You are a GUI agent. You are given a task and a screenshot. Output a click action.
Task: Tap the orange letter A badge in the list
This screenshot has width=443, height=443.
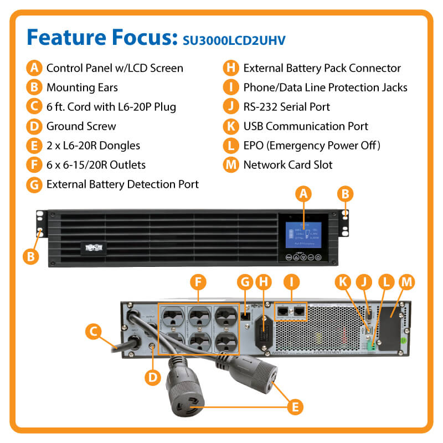(x=35, y=68)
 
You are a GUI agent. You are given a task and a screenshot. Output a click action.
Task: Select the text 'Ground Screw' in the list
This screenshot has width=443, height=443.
(x=81, y=126)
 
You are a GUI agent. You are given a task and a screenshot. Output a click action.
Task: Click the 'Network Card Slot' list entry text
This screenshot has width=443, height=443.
(x=288, y=164)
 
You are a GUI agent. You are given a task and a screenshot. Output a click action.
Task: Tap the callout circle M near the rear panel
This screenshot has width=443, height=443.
(x=406, y=282)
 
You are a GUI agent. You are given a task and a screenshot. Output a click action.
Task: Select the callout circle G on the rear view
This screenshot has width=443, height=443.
(x=244, y=282)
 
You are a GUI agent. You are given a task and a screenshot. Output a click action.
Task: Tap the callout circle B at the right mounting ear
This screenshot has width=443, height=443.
(x=345, y=193)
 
